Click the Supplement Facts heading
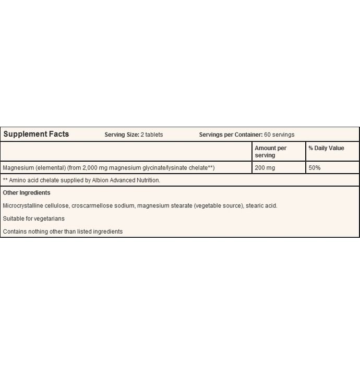click(x=36, y=134)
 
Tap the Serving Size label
click(x=122, y=135)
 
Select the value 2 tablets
click(x=152, y=135)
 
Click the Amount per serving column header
click(x=270, y=152)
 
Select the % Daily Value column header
click(x=326, y=149)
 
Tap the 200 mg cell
click(x=264, y=168)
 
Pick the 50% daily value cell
click(x=314, y=168)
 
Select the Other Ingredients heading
click(x=27, y=193)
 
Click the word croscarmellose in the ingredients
click(x=90, y=205)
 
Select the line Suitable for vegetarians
click(x=33, y=218)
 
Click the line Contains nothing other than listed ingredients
click(x=63, y=231)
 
